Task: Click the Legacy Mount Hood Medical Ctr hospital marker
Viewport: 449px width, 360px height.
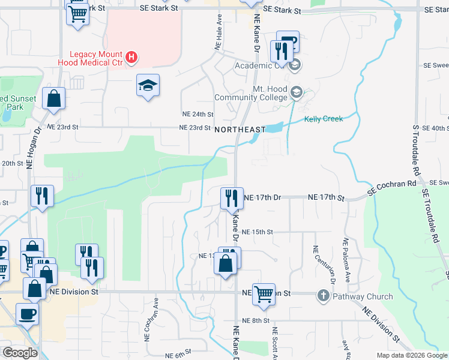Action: (133, 58)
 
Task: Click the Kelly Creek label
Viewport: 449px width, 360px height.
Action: (324, 119)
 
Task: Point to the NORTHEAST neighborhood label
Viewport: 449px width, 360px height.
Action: (240, 129)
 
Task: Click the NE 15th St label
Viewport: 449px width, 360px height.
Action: (258, 232)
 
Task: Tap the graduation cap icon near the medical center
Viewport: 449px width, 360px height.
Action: (147, 86)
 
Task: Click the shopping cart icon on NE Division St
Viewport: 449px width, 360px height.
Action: (263, 294)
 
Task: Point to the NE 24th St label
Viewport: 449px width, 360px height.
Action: (197, 114)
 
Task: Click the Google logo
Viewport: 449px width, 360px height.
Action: (20, 352)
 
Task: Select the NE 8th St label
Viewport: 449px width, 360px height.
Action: (253, 321)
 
